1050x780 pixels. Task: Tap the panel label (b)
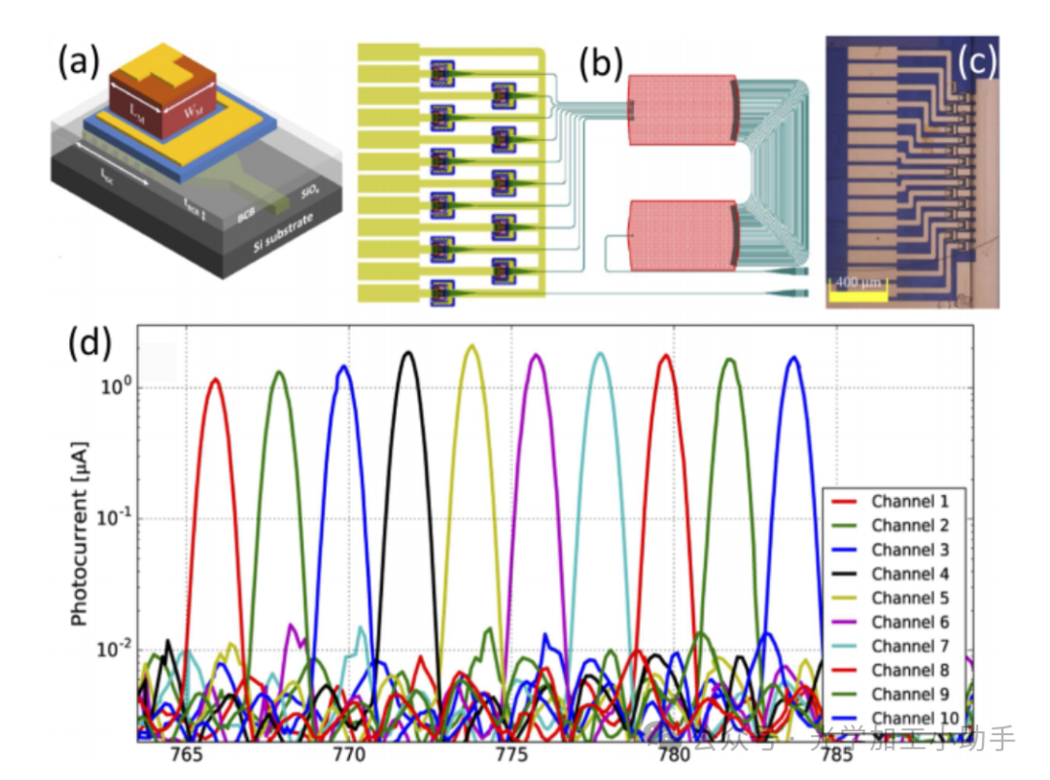pos(598,63)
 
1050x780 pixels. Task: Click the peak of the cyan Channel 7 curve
pos(601,354)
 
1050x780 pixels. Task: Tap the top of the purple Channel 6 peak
pos(536,356)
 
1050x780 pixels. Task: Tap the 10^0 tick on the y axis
pos(118,386)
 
